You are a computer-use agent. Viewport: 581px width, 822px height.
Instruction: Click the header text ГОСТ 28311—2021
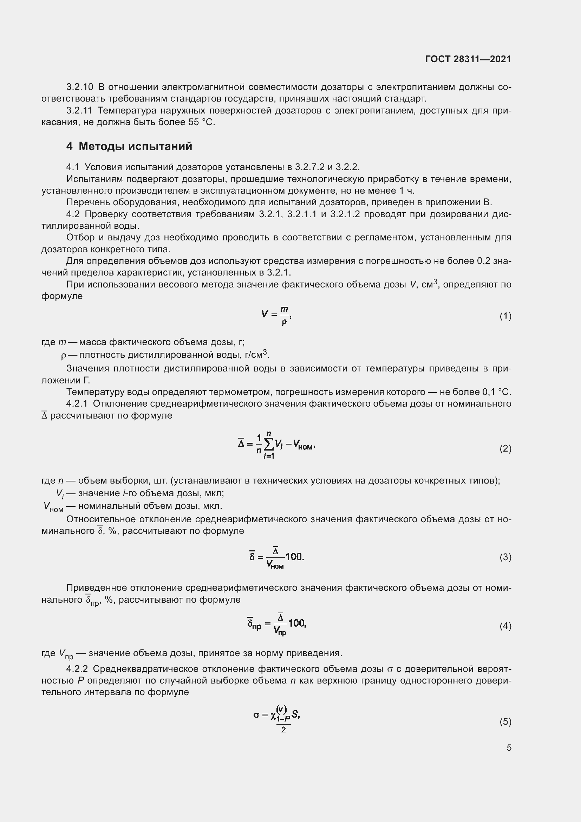pos(468,59)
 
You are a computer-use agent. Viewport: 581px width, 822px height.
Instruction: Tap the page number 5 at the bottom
pos(509,747)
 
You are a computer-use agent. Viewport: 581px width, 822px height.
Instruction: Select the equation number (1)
pos(505,316)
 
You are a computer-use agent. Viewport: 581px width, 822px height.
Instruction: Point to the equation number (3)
pos(505,557)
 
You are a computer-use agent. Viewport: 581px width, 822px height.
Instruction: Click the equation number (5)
pos(505,721)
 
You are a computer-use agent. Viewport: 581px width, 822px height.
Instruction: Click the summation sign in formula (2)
pos(269,445)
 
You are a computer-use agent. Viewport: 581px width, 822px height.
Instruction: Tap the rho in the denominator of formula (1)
pos(284,322)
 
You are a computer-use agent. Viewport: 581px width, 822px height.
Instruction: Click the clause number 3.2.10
pos(80,87)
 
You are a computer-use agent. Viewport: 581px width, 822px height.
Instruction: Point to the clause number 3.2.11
pos(79,111)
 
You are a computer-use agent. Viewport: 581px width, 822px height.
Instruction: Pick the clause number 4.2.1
pos(77,404)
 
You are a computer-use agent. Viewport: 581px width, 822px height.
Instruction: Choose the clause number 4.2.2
pos(77,669)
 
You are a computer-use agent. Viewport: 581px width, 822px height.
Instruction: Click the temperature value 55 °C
pos(201,122)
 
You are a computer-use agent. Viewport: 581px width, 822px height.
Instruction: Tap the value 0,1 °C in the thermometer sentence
pos(496,392)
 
